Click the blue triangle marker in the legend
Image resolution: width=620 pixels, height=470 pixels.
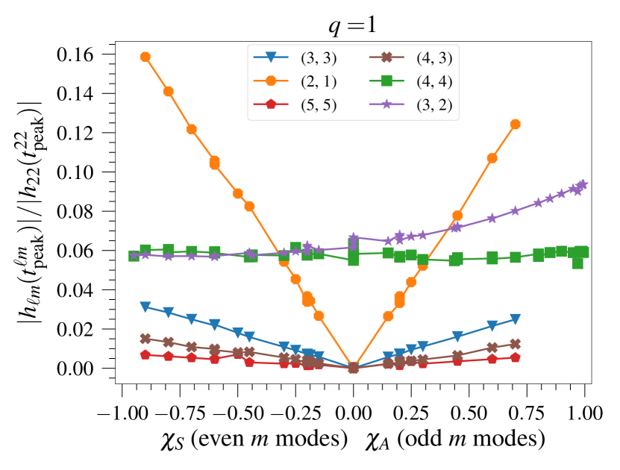coord(271,57)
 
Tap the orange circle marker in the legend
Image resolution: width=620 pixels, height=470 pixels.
coord(271,81)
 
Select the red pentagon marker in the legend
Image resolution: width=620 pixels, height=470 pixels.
coord(271,104)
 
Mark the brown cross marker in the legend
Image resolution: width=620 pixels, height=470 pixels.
coord(386,57)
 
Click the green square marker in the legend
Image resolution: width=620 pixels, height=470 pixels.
coord(386,81)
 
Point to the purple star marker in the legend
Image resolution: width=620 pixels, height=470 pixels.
coord(386,104)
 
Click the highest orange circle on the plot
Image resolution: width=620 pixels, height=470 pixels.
coord(145,57)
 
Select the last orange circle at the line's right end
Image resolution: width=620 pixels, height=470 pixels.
coord(515,124)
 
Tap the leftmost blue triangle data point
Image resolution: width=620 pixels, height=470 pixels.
coord(145,307)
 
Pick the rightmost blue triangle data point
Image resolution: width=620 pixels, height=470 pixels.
coord(515,320)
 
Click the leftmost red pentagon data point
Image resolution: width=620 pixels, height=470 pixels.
coord(145,354)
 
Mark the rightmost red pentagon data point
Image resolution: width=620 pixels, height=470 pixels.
coord(515,357)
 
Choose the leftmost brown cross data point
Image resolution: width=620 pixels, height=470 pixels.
coord(145,338)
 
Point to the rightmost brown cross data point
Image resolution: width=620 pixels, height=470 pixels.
coord(515,344)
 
